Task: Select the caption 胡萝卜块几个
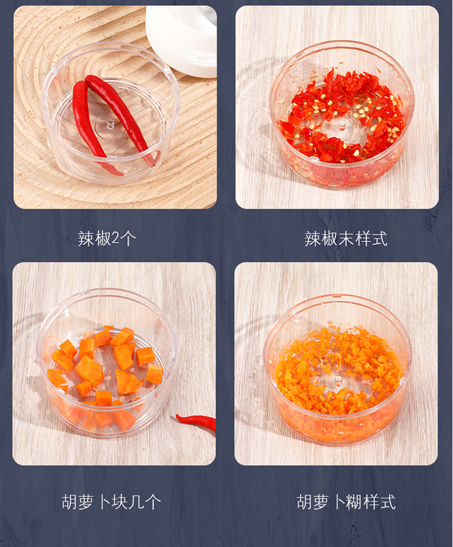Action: click(x=111, y=502)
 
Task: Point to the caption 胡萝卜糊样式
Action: click(x=346, y=502)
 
